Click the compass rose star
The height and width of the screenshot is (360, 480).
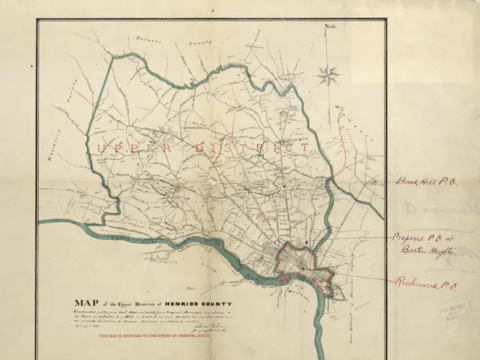click(328, 73)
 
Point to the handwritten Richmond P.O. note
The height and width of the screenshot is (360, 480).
click(425, 283)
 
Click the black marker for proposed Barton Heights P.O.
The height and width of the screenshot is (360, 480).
click(307, 241)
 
